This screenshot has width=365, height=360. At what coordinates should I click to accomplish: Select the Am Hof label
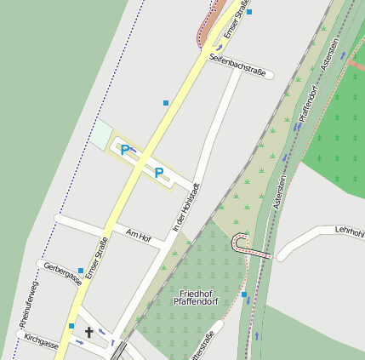pos(137,234)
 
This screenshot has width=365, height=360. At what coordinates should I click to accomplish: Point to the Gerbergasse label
pos(63,272)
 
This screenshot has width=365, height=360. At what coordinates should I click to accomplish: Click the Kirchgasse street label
pos(42,342)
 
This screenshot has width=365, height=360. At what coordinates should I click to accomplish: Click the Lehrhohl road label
pos(349,231)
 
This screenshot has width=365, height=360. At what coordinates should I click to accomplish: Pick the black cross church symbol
pos(89,333)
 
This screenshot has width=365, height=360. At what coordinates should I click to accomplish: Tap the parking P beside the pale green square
pos(125,151)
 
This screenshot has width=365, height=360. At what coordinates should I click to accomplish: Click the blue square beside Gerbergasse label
pos(81,271)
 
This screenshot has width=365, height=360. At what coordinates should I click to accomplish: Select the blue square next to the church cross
pos(71,326)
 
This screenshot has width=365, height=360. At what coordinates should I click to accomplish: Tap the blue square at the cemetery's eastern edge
pos(244,294)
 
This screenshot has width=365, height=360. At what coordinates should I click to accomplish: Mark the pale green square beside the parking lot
pos(101,134)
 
